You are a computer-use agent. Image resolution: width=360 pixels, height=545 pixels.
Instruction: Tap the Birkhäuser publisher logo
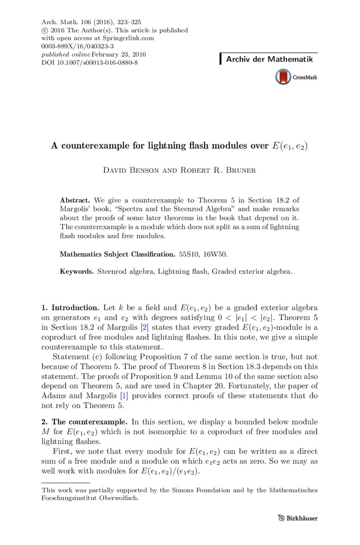[x=297, y=518]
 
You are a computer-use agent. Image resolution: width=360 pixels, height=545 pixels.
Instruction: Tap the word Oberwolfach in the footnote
[x=115, y=498]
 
